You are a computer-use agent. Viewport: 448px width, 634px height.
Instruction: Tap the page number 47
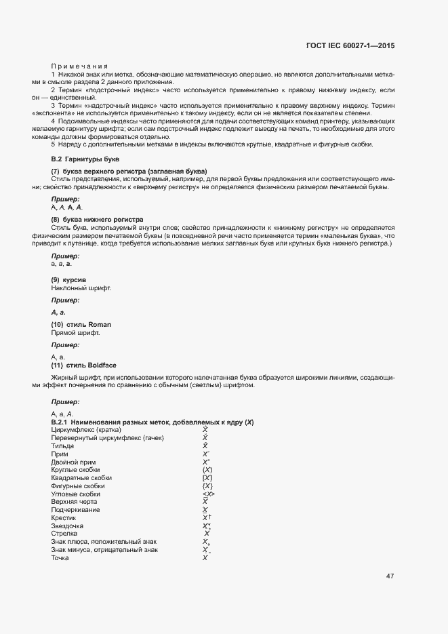coord(390,576)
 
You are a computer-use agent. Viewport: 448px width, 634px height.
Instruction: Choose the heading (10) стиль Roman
coord(81,325)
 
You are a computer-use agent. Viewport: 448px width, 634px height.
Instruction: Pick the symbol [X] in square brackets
coord(208,478)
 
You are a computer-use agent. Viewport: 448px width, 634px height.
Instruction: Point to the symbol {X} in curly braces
coord(208,486)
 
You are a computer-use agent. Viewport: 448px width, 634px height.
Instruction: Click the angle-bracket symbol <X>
coord(208,494)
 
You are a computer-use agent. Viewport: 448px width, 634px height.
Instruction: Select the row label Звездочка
coord(67,526)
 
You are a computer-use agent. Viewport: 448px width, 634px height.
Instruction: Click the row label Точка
coord(60,557)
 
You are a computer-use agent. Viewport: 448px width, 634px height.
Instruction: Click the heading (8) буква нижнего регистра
coord(97,220)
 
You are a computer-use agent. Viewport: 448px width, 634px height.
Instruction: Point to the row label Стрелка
coord(64,534)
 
